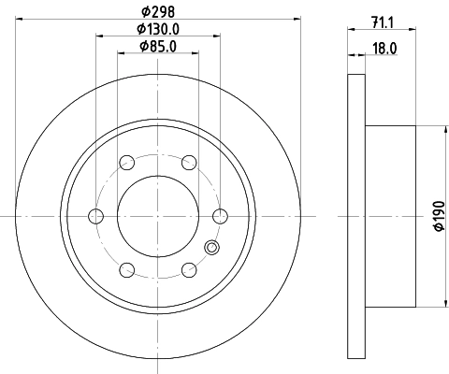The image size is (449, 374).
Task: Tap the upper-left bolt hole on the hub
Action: [x=126, y=163]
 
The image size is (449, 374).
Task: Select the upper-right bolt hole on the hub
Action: [x=188, y=163]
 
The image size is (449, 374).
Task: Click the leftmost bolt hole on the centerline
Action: [x=95, y=216]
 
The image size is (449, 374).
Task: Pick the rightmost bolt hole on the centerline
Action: [x=219, y=216]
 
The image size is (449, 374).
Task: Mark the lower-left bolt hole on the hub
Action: [x=126, y=270]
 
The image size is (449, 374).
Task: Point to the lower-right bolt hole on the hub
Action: [x=188, y=270]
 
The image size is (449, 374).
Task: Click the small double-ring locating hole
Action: [x=211, y=248]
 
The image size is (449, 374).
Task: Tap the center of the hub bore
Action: [x=157, y=216]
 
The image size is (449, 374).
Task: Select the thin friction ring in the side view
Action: [x=355, y=216]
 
